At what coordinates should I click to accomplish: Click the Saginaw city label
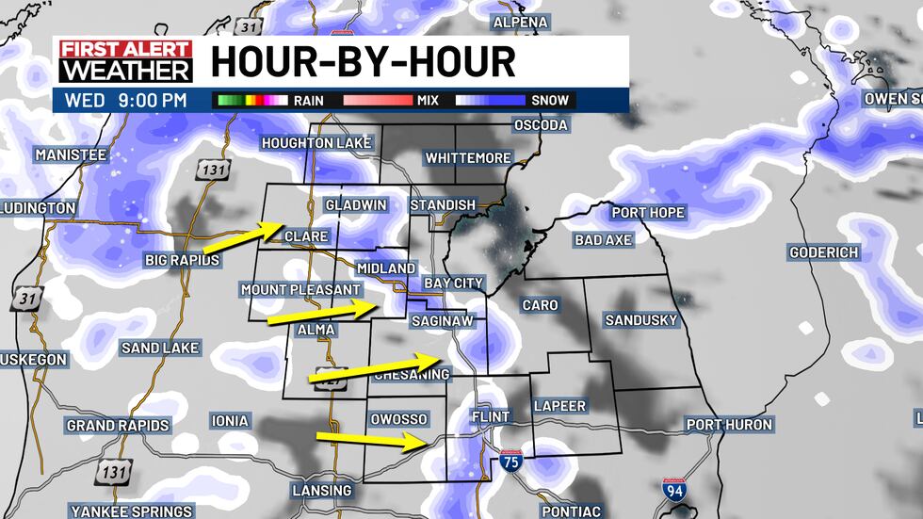click(x=442, y=321)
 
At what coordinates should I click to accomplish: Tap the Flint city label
click(x=489, y=416)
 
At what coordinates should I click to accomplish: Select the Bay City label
click(x=453, y=283)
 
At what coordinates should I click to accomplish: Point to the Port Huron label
click(x=729, y=425)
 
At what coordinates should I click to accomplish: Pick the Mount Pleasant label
click(x=300, y=289)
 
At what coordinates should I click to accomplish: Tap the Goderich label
click(x=824, y=252)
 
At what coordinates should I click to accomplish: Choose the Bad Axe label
click(x=603, y=240)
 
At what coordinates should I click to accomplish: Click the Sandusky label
click(x=641, y=320)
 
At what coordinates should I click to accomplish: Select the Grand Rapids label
click(x=118, y=426)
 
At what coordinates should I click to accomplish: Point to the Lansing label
click(x=321, y=491)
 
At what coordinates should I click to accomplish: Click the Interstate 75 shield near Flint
click(x=510, y=462)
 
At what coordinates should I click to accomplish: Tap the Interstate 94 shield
click(x=673, y=490)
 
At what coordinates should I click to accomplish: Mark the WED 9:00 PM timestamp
click(x=125, y=100)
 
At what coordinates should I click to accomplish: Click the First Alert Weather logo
click(x=125, y=61)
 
